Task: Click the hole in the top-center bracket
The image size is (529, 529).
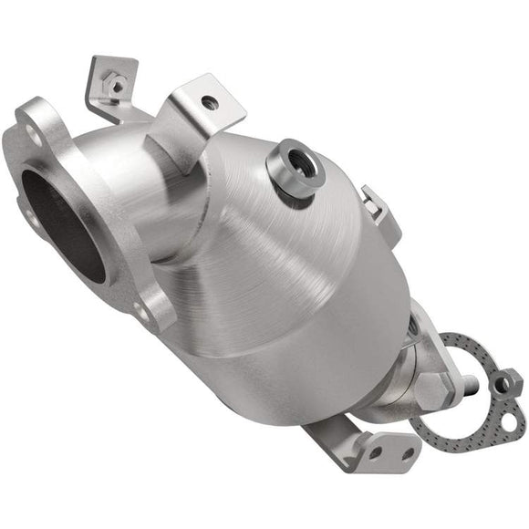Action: point(210,104)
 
